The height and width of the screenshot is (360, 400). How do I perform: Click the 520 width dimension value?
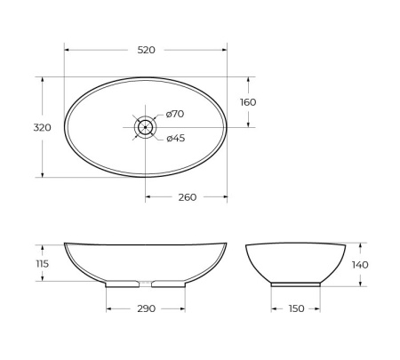tap(146, 50)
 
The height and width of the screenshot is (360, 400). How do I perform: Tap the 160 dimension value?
tap(248, 102)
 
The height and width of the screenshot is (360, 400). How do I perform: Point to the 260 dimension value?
tap(187, 197)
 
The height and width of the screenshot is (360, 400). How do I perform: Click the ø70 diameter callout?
tap(174, 114)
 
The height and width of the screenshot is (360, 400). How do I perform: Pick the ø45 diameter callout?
tap(174, 138)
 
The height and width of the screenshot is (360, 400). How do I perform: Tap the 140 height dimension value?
tap(359, 264)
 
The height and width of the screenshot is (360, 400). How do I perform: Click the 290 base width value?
tap(147, 308)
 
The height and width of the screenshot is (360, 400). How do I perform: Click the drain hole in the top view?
tap(145, 127)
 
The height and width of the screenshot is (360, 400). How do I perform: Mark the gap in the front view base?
tap(146, 284)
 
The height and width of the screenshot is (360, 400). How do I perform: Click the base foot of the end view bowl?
tap(295, 284)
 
